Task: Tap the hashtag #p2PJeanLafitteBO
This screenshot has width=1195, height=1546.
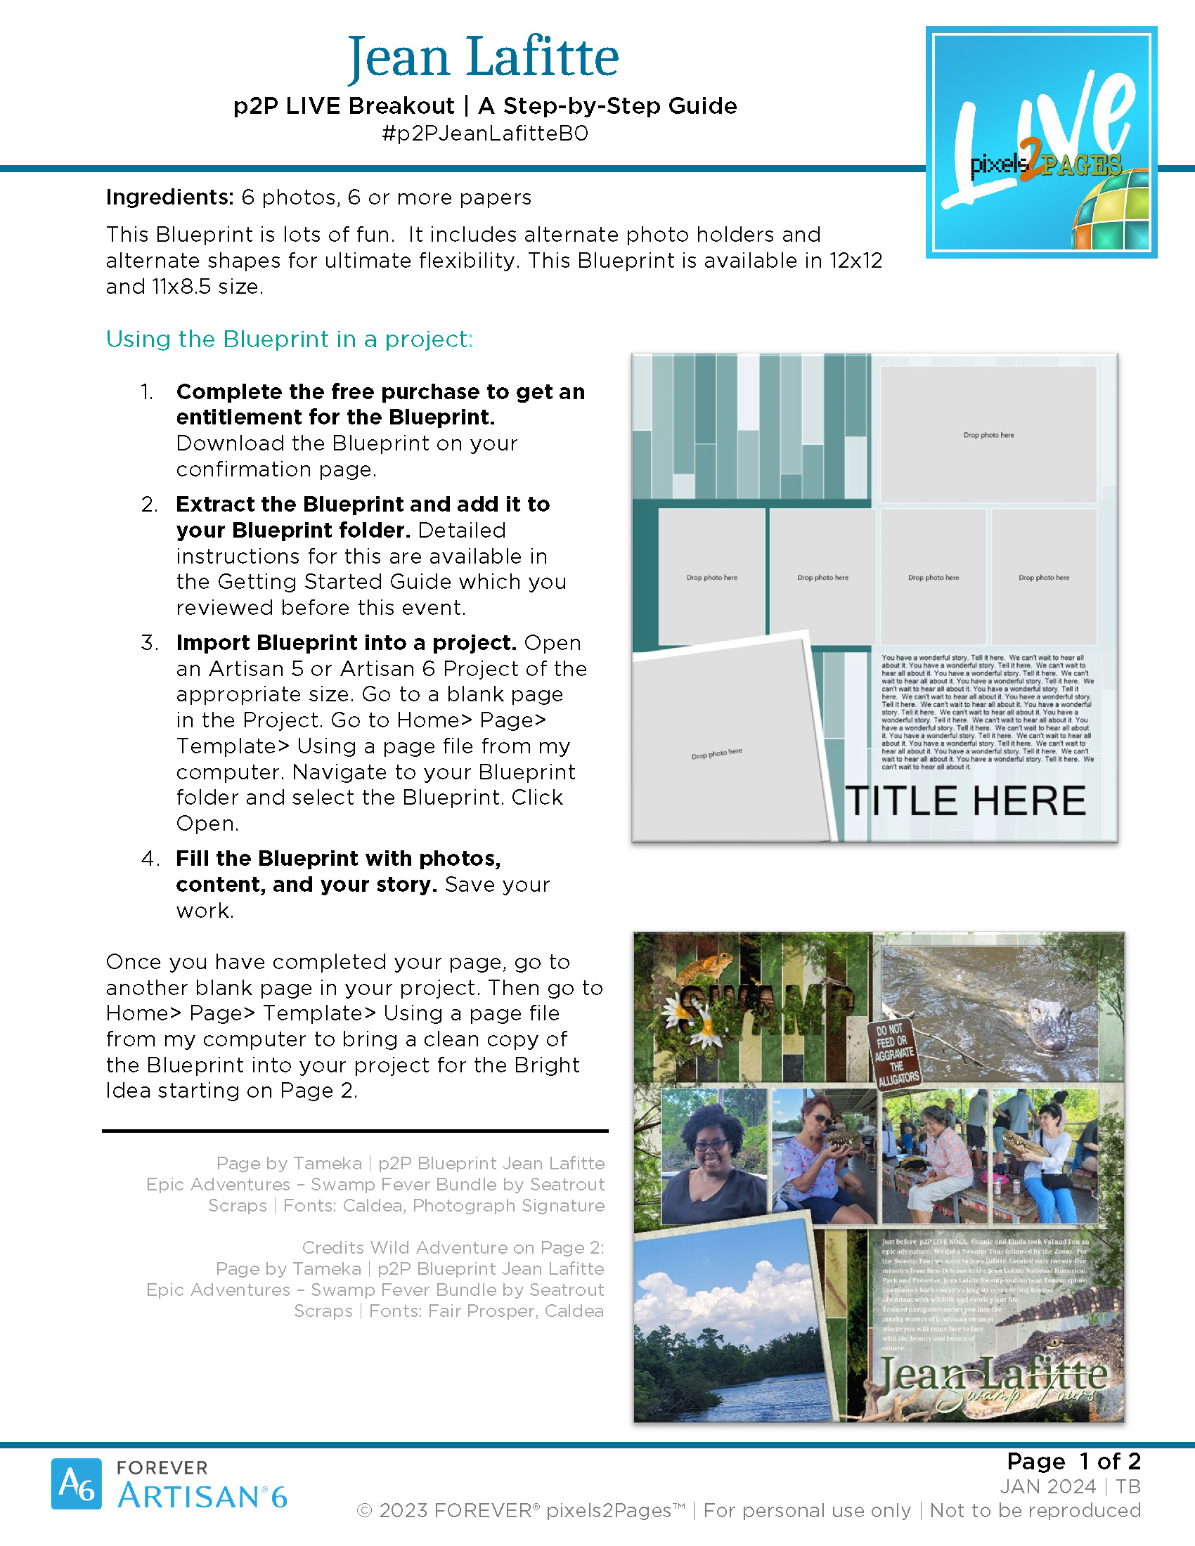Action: coord(485,134)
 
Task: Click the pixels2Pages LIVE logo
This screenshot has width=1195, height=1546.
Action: coord(1040,142)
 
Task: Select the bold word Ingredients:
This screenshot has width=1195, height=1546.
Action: coord(169,197)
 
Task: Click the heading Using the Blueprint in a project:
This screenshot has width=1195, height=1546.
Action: coord(289,339)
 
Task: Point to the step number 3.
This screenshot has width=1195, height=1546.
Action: coord(148,643)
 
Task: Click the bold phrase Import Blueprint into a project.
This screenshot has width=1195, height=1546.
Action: coord(346,643)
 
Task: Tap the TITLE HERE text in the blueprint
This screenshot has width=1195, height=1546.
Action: coord(966,800)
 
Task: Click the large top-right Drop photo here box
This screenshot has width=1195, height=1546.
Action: coord(988,434)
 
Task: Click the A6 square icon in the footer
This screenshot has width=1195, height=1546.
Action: coord(76,1483)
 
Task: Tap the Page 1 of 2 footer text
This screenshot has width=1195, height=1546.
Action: coord(1073,1461)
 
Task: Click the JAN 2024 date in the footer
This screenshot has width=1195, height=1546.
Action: coord(1047,1486)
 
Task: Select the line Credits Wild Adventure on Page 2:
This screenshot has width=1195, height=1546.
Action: coord(453,1247)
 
